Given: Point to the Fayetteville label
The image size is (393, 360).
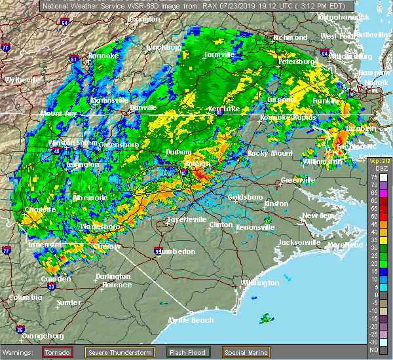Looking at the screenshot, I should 187,219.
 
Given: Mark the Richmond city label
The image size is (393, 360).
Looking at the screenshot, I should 290,37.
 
